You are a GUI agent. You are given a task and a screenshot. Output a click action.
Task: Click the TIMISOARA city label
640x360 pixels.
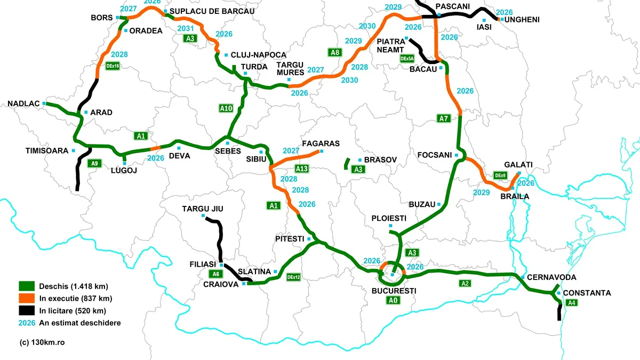(46, 151)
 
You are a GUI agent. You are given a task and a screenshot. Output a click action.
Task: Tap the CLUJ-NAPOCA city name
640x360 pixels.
(259, 55)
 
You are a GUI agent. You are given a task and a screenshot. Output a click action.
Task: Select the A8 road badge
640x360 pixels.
(334, 52)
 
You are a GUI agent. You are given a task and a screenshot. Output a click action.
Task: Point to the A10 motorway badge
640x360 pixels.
(226, 108)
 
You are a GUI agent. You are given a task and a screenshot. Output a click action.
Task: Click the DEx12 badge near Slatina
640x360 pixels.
(293, 277)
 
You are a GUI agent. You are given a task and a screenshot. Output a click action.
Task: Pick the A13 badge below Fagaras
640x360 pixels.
(302, 169)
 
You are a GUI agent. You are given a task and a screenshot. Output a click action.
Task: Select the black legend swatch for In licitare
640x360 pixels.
(26, 310)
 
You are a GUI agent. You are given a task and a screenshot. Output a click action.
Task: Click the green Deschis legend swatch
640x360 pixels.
(26, 285)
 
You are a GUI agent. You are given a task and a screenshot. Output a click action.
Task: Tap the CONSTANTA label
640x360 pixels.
(587, 293)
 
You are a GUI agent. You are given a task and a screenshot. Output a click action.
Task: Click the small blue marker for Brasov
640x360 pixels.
(360, 160)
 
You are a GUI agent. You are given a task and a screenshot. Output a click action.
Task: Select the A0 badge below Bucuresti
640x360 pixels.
(393, 300)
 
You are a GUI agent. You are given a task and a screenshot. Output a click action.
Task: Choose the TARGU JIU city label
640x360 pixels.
(203, 209)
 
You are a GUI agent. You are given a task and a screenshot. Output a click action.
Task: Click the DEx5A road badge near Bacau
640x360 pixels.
(407, 59)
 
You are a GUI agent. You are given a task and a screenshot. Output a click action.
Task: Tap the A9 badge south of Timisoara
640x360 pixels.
(94, 163)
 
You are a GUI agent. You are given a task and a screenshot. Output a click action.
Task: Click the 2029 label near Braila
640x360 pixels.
(481, 192)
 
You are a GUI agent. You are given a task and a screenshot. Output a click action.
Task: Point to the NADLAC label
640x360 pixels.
(24, 103)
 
